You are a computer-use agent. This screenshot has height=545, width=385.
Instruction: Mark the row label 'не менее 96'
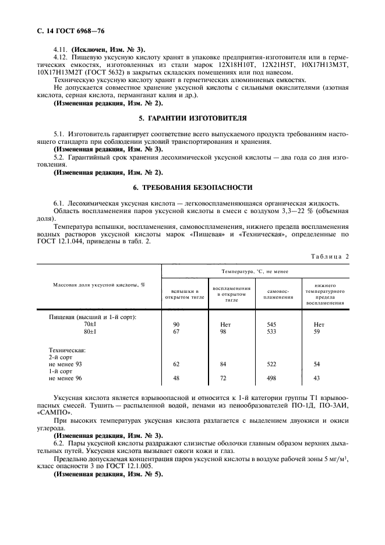(66, 378)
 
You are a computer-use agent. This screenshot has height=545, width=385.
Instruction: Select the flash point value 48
(177, 378)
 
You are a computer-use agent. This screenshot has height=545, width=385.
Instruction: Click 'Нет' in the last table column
(319, 324)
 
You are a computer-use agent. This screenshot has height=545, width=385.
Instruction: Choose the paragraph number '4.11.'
(61, 49)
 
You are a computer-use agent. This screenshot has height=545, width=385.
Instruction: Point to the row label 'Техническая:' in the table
(67, 350)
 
